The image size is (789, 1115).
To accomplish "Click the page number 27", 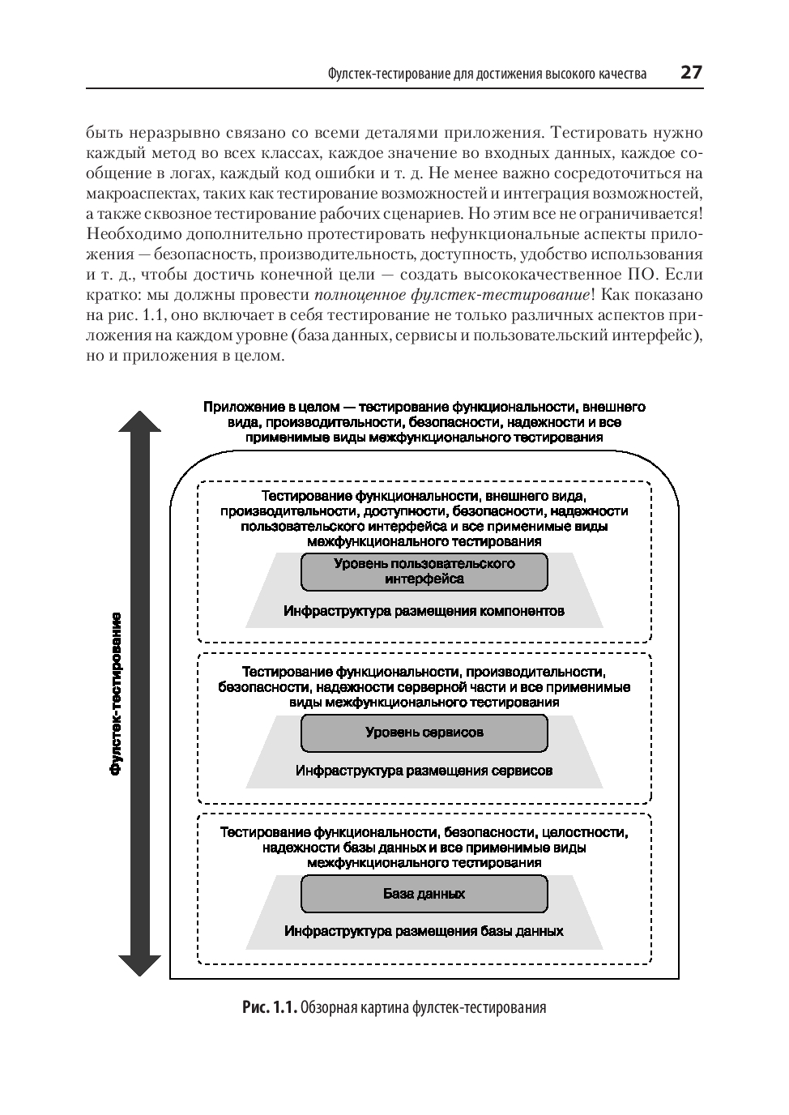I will [691, 72].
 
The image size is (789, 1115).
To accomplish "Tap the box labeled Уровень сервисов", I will [424, 733].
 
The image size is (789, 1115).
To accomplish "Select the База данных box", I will [424, 894].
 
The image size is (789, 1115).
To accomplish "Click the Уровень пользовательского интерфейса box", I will [424, 571].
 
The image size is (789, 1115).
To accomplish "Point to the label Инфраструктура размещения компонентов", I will [424, 611].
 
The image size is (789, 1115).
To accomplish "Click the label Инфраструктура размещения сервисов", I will [424, 771].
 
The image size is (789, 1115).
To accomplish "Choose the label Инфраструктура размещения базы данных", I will [424, 931].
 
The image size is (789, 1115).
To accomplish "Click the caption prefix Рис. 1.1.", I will [269, 1008].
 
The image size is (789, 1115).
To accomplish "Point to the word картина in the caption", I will [382, 1008].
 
